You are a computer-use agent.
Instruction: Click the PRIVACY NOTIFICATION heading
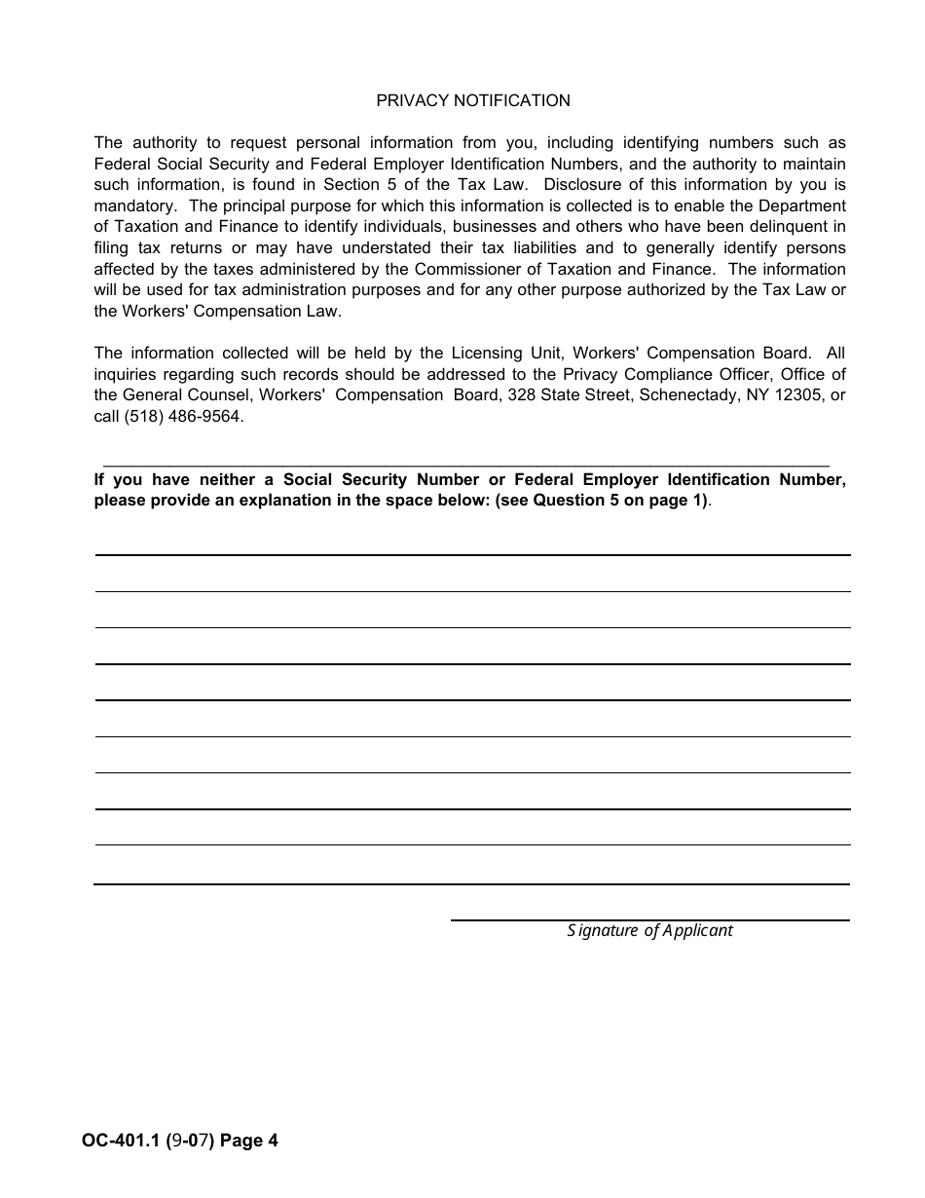click(x=473, y=100)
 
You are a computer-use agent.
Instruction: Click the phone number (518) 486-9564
click(x=183, y=416)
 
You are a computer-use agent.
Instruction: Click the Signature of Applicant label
click(x=649, y=930)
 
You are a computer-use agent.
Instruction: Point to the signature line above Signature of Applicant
click(x=649, y=919)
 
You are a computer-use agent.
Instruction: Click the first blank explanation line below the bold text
click(x=472, y=554)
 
